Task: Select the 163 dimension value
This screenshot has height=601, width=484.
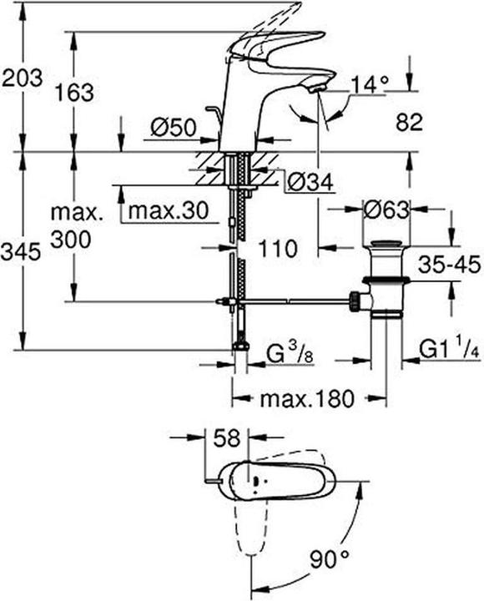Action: tap(75, 92)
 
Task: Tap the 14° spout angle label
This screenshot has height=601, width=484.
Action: tap(370, 83)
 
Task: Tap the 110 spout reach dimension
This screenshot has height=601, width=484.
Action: tap(278, 248)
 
